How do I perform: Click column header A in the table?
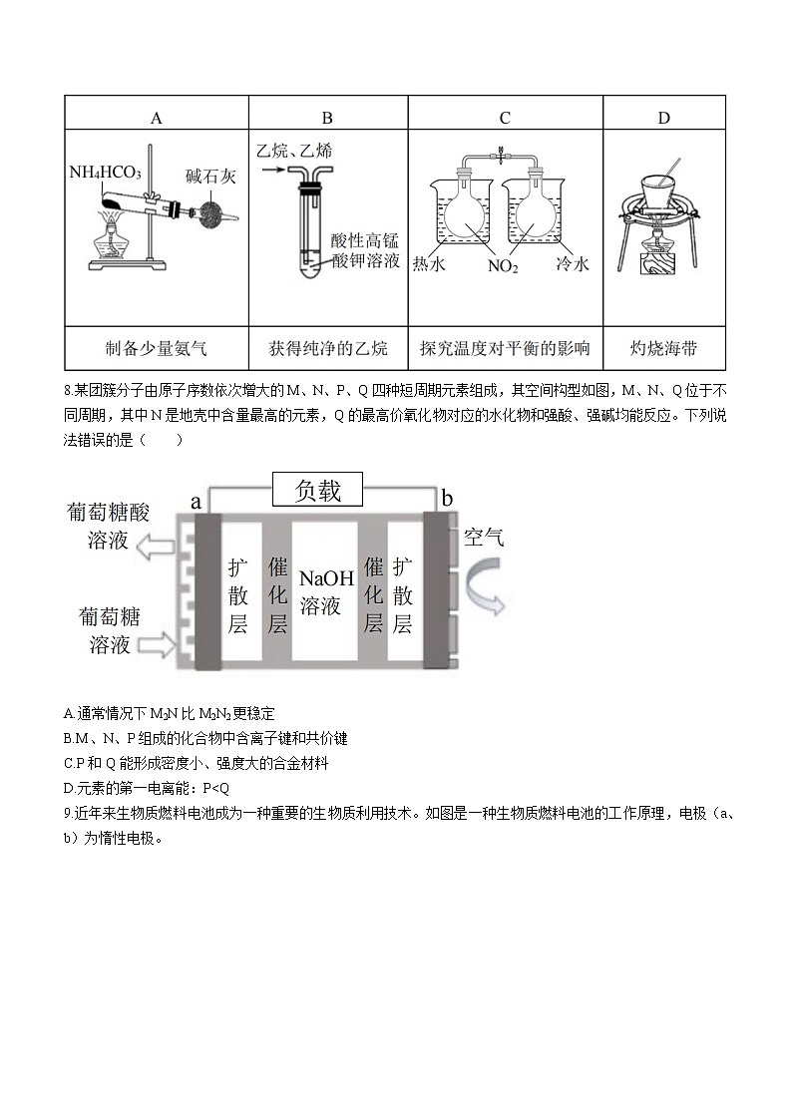pos(156,118)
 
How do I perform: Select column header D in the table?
pos(663,118)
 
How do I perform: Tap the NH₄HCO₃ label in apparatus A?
pos(105,172)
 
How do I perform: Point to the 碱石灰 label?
pos(210,177)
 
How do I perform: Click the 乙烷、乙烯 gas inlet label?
pos(294,151)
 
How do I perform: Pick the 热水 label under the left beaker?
pos(429,264)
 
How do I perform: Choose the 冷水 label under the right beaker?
pos(573,264)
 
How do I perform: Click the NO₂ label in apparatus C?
pos(503,266)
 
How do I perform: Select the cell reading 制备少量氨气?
pos(156,348)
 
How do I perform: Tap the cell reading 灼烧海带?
pos(663,348)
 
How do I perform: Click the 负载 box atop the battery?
pos(318,491)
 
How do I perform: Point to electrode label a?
pos(197,500)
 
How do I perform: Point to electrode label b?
pos(447,498)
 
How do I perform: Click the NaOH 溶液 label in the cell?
pos(320,591)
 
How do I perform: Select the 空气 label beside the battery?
pos(484,538)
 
